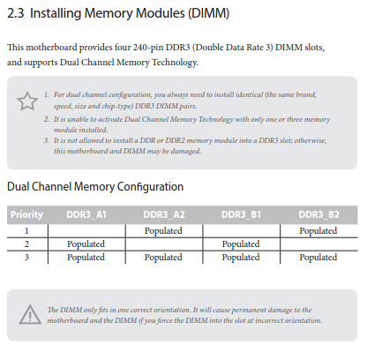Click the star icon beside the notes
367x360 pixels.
coord(27,101)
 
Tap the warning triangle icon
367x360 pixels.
coord(30,315)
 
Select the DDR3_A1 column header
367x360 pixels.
coord(86,214)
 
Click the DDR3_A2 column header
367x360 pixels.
coord(164,214)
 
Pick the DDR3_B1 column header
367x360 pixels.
coord(241,214)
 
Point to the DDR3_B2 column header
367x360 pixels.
coord(318,214)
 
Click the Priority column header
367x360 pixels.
coord(26,214)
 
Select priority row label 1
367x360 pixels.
coord(26,231)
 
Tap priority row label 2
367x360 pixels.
coord(26,244)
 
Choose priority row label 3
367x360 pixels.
coord(26,258)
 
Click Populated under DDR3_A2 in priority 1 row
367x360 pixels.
coord(163,231)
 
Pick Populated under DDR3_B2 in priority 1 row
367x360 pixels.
coord(318,231)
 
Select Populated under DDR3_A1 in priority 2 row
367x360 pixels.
coord(86,244)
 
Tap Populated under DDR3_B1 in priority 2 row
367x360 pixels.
coord(241,244)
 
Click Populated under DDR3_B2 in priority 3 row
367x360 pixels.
coord(318,258)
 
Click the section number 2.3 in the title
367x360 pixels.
coord(16,13)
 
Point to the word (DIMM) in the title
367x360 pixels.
coord(208,14)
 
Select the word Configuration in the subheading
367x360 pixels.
coord(150,187)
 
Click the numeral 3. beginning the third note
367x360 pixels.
coord(47,140)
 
